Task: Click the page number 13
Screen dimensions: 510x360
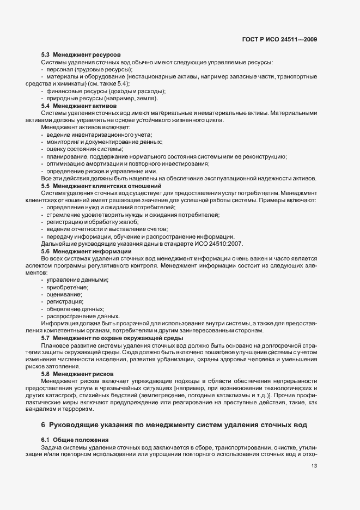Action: [x=314, y=466]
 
